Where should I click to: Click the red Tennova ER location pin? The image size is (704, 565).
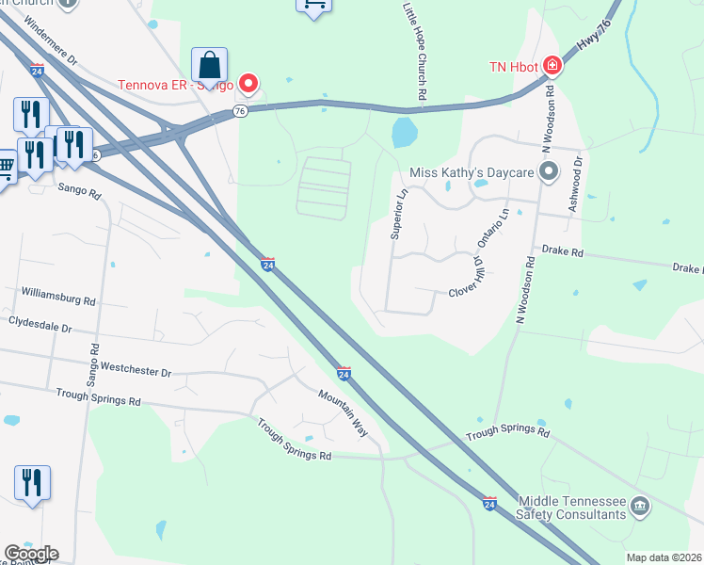248,84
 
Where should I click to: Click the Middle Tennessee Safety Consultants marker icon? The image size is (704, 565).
640,508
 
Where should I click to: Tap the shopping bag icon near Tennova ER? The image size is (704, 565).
209,65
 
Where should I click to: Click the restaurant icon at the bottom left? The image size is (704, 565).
32,483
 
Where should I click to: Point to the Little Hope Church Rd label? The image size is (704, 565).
414,51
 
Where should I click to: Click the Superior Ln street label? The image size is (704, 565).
399,215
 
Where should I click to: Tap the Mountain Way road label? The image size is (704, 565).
341,411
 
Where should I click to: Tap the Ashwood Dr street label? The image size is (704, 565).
575,184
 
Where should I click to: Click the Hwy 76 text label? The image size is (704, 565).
589,51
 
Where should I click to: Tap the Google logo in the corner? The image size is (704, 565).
31,554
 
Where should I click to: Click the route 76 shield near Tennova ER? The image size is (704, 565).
240,111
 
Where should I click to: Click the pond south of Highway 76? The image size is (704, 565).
404,133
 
